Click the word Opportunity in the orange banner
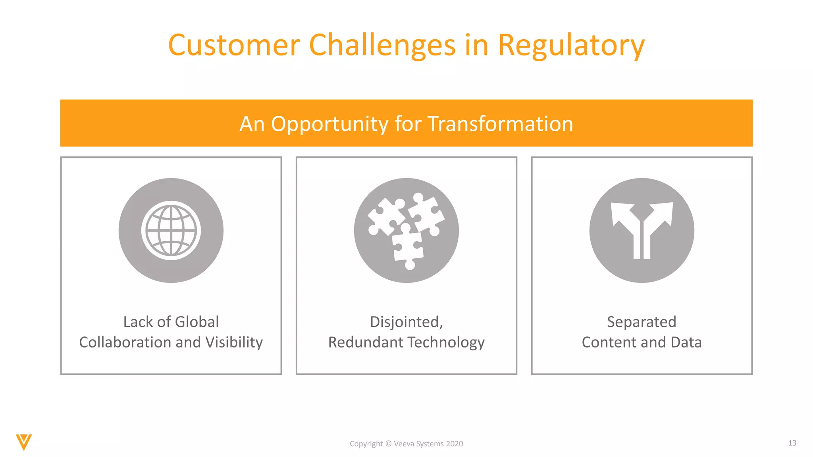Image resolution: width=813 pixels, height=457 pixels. pyautogui.click(x=329, y=124)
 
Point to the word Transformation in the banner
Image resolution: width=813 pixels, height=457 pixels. pyautogui.click(x=500, y=124)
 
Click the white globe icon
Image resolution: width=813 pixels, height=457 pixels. pyautogui.click(x=171, y=230)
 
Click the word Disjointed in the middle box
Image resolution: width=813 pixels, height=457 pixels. pyautogui.click(x=405, y=322)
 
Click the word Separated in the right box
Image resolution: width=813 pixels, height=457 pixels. pyautogui.click(x=642, y=322)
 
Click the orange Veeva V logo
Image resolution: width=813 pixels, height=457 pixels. pyautogui.click(x=24, y=442)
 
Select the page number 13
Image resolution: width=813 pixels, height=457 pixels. pyautogui.click(x=792, y=443)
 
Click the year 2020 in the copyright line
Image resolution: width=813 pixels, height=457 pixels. pyautogui.click(x=454, y=444)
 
